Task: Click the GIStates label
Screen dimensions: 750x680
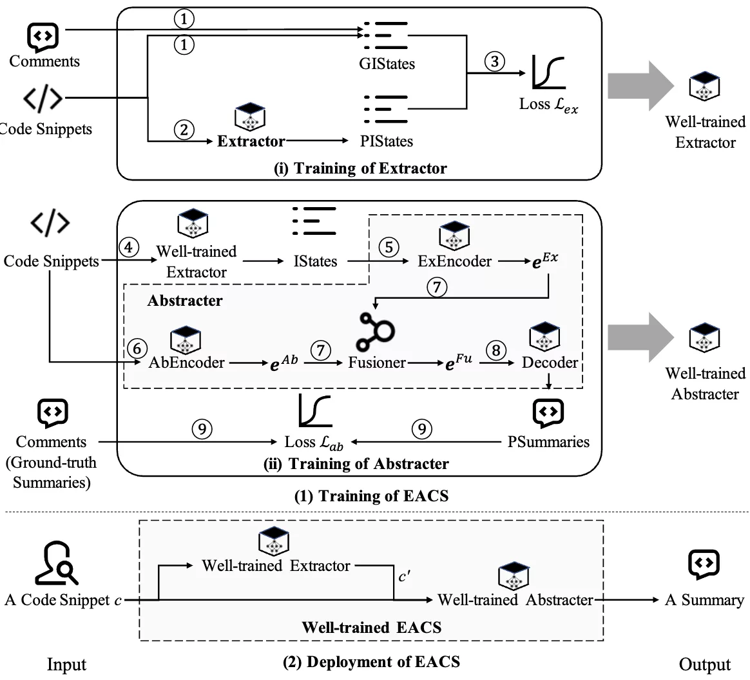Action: point(387,64)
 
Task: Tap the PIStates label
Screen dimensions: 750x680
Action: point(387,141)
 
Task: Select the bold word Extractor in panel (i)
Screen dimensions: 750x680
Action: point(251,141)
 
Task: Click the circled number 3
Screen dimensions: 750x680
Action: point(495,61)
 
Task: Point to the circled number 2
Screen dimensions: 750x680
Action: point(184,130)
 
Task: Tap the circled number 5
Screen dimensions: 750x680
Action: point(389,247)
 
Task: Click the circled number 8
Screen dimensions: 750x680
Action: point(496,350)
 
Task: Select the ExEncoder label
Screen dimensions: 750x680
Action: point(454,261)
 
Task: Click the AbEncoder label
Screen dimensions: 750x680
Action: point(187,363)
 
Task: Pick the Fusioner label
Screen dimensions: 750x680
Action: point(377,363)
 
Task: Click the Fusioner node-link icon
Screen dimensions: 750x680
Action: point(375,332)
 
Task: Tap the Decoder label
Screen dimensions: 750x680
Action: point(550,363)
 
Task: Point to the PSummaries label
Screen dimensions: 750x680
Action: point(548,441)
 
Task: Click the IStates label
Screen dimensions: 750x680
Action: point(315,261)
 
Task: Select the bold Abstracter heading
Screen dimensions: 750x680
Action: point(185,300)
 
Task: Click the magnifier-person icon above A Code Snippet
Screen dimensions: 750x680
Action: point(57,563)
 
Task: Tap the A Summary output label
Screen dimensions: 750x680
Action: point(704,599)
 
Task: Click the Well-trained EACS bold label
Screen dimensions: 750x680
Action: point(372,627)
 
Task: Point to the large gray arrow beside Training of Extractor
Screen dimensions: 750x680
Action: point(641,86)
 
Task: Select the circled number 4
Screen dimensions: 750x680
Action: point(129,247)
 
